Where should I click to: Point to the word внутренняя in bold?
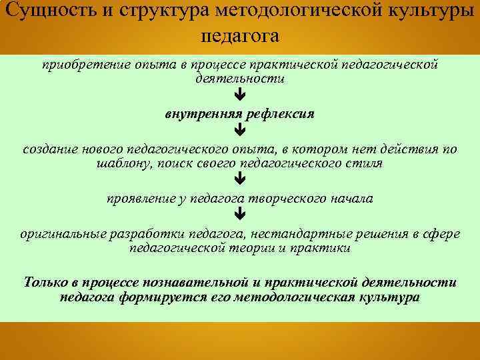click(x=202, y=114)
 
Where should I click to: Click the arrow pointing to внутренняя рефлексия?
click(x=240, y=97)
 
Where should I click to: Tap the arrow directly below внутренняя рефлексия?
click(x=240, y=130)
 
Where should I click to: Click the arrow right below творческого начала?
click(x=240, y=215)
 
